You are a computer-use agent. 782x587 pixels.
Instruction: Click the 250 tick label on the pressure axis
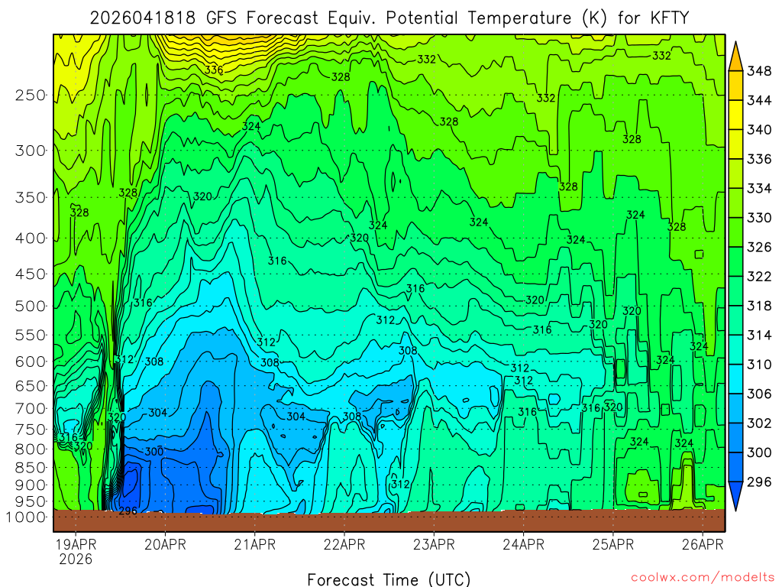click(31, 96)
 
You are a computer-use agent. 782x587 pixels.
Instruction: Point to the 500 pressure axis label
click(31, 306)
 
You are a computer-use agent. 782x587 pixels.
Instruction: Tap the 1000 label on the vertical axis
click(27, 517)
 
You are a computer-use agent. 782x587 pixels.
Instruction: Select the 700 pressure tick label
click(31, 407)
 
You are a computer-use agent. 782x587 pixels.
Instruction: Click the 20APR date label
click(166, 545)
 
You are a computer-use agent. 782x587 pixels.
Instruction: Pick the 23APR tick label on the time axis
click(434, 545)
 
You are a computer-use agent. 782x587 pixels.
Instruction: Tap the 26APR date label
click(702, 545)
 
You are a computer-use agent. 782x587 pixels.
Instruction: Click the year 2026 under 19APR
click(76, 559)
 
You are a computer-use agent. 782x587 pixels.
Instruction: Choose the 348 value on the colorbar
click(759, 71)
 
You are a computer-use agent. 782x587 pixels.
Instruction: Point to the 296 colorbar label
click(759, 482)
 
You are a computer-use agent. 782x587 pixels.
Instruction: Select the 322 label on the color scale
click(759, 276)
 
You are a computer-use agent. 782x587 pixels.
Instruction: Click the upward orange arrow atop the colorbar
click(736, 54)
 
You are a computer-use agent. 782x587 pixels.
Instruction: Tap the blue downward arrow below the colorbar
click(736, 496)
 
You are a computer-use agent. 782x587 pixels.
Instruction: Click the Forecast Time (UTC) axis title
click(389, 579)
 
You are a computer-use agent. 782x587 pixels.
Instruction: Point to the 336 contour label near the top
click(214, 70)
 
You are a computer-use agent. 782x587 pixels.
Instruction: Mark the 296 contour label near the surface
click(128, 511)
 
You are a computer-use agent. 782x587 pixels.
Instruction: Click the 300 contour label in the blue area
click(153, 452)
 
